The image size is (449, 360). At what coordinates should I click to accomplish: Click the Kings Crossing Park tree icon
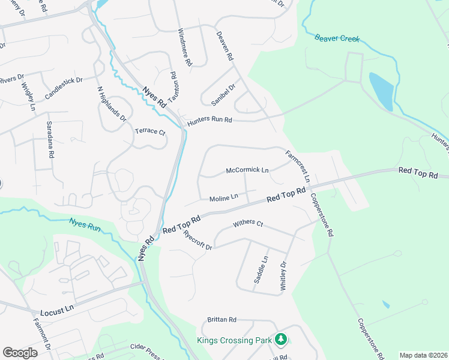click(280, 340)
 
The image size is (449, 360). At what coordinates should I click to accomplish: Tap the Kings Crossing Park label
click(235, 340)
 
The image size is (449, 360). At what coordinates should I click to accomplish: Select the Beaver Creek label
click(337, 38)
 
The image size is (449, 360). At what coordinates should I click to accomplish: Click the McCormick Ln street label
click(247, 170)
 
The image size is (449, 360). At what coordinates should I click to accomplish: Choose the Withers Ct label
click(248, 223)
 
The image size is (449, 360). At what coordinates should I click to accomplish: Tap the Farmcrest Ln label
click(298, 166)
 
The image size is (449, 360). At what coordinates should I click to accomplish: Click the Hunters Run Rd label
click(209, 120)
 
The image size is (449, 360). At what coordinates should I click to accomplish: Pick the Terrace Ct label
click(149, 131)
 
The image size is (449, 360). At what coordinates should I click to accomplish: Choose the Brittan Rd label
click(222, 320)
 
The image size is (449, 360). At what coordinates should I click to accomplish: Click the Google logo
click(20, 352)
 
